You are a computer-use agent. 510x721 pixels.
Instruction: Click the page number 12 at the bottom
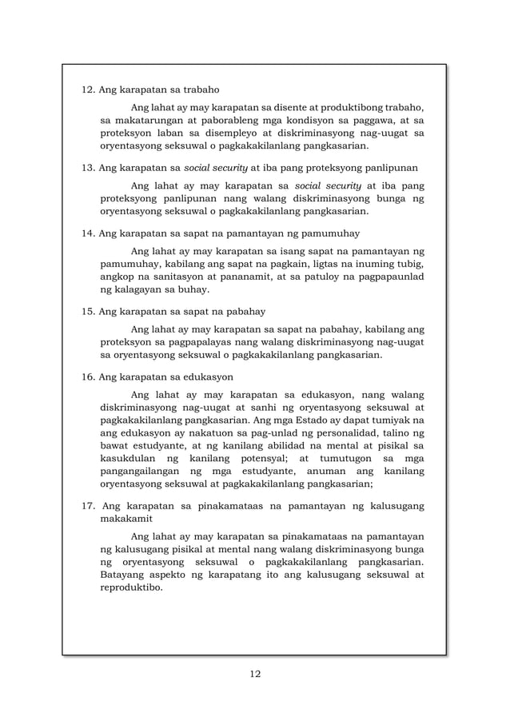pyautogui.click(x=255, y=673)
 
